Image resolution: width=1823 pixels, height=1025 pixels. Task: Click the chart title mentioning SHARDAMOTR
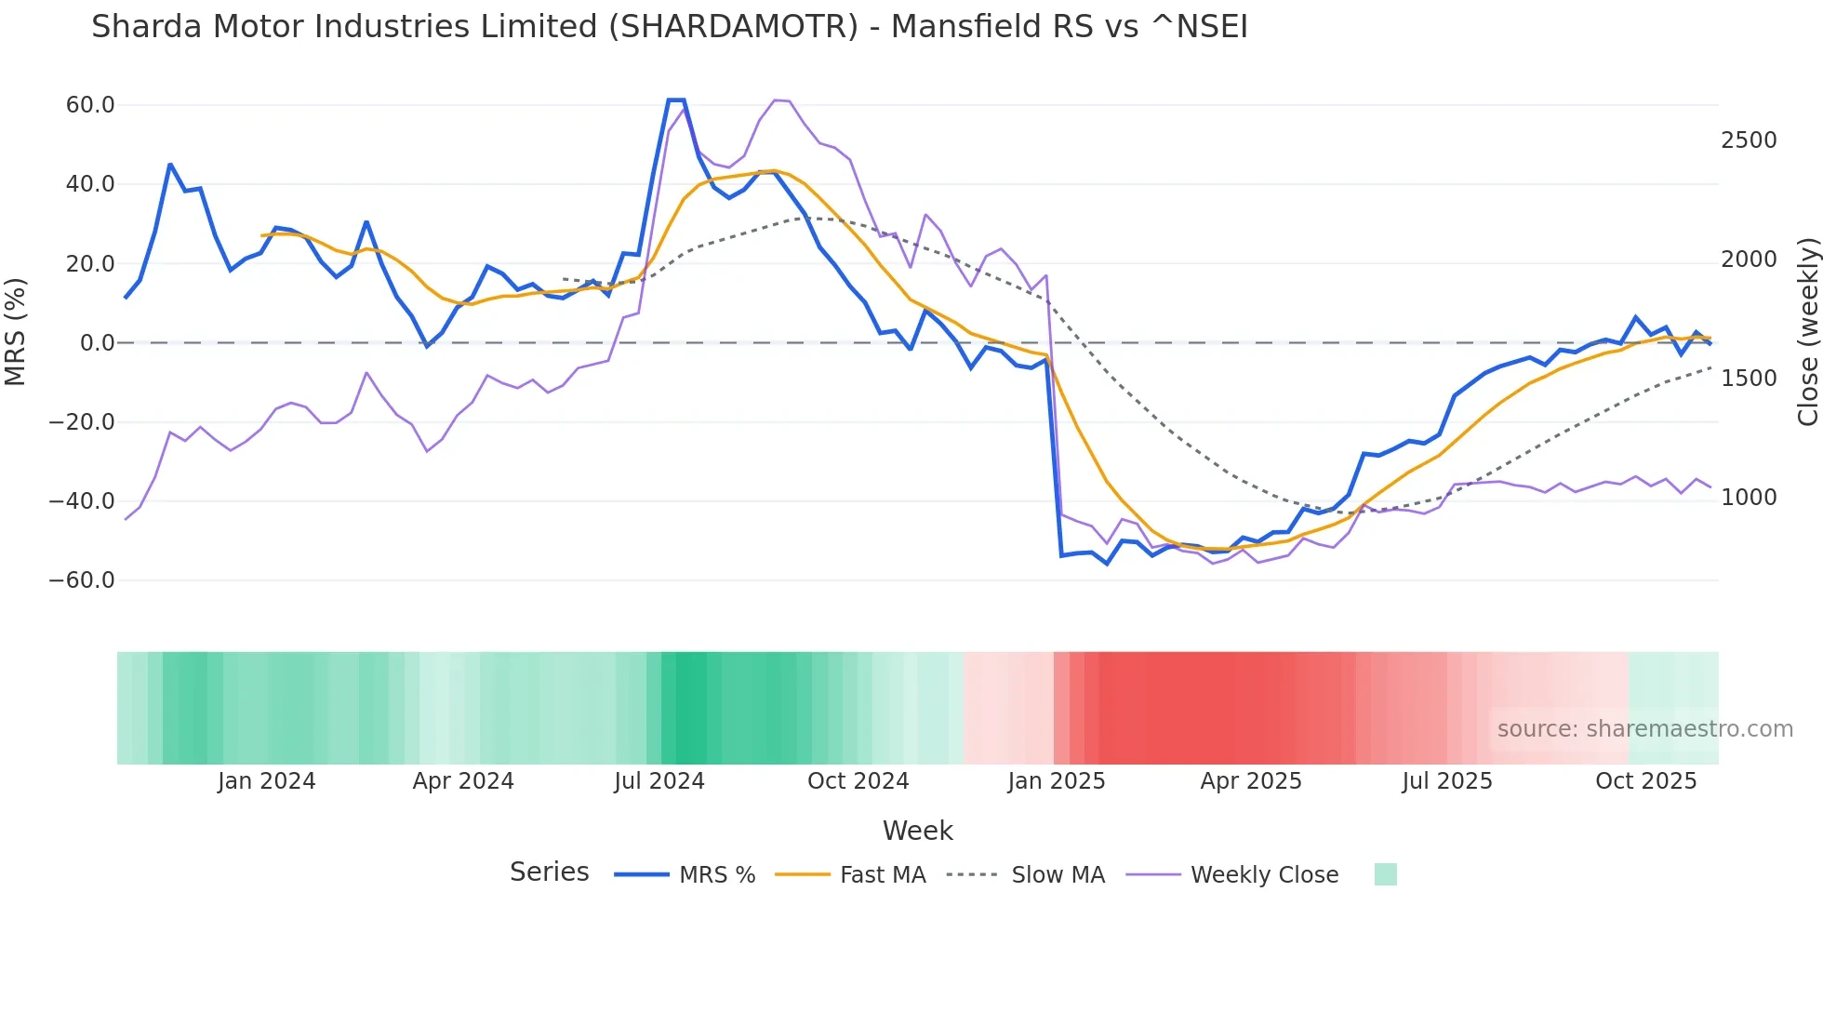[x=669, y=27]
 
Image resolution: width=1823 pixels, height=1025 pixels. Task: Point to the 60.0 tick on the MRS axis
[x=90, y=105]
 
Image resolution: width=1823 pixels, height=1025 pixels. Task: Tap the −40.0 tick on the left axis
[x=82, y=501]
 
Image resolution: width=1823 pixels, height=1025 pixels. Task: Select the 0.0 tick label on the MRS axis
[x=98, y=343]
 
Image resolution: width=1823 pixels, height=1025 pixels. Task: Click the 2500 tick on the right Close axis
[x=1749, y=140]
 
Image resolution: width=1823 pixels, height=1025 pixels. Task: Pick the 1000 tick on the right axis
[x=1749, y=498]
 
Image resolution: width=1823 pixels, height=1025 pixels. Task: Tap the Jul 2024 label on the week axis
[x=659, y=781]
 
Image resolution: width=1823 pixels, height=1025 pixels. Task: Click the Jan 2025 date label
[x=1056, y=781]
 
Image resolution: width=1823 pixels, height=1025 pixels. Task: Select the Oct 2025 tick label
[x=1645, y=781]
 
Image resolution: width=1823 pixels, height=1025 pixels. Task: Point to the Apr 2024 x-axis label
[x=463, y=781]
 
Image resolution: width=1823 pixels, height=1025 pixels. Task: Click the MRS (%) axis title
[x=16, y=331]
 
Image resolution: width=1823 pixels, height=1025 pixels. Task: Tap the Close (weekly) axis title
[x=1807, y=332]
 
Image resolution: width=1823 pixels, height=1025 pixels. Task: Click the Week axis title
[x=917, y=831]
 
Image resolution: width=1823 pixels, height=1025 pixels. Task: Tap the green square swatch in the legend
[x=1385, y=874]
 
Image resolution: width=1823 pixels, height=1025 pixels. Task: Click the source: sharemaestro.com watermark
[x=1644, y=729]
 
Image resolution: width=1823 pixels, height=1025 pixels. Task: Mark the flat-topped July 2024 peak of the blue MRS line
[x=676, y=100]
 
